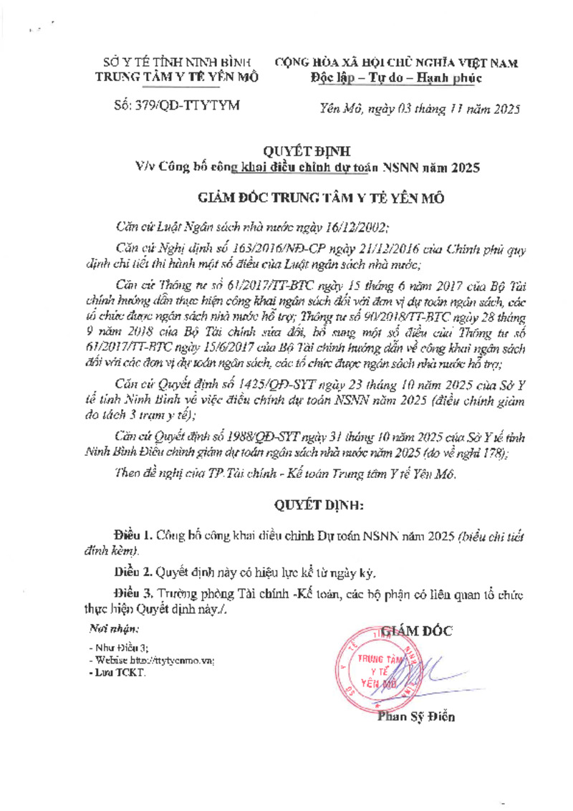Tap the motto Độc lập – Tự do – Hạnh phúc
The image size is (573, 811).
pyautogui.click(x=396, y=77)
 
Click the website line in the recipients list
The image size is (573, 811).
pyautogui.click(x=151, y=660)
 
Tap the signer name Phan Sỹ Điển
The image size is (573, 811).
pyautogui.click(x=415, y=717)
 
